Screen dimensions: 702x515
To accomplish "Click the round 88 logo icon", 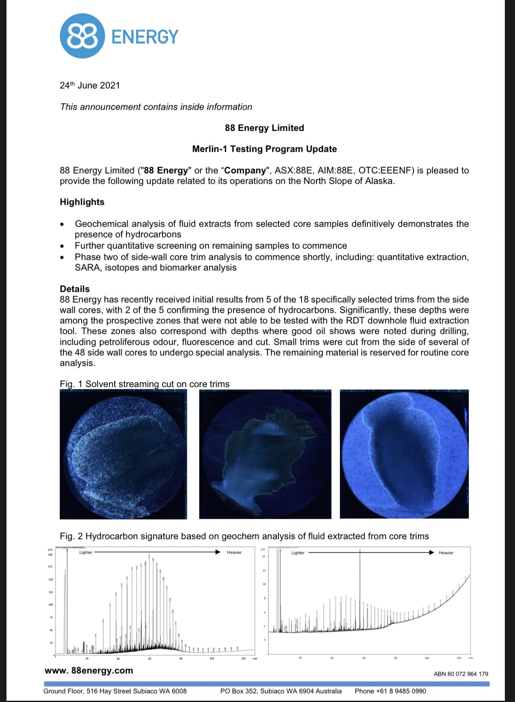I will coord(82,36).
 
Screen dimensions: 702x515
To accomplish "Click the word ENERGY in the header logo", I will coord(145,37).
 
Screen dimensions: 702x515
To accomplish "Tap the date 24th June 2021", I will coord(90,85).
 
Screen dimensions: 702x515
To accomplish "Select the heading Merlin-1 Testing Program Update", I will coord(264,149).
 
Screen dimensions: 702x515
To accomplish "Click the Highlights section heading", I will coord(82,202).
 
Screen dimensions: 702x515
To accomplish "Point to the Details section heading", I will coord(75,289).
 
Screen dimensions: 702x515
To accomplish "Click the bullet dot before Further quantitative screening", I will coord(62,246).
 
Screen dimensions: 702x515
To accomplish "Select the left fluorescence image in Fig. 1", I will coord(123,454).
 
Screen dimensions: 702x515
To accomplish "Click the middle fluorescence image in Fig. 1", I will coord(265,454).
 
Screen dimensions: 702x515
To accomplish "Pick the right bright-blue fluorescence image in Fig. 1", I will coord(404,454).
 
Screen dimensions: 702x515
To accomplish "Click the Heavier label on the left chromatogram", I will coord(234,552).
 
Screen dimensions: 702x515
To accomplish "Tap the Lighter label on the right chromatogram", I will coord(298,553).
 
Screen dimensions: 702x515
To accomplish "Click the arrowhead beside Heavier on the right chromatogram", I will coord(431,552).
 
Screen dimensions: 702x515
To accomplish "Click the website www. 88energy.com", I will coord(89,670).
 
